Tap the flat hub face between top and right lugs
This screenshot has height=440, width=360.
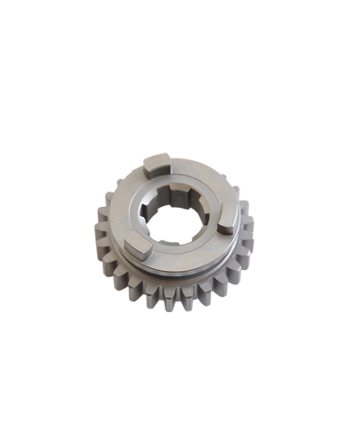tap(209, 180)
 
